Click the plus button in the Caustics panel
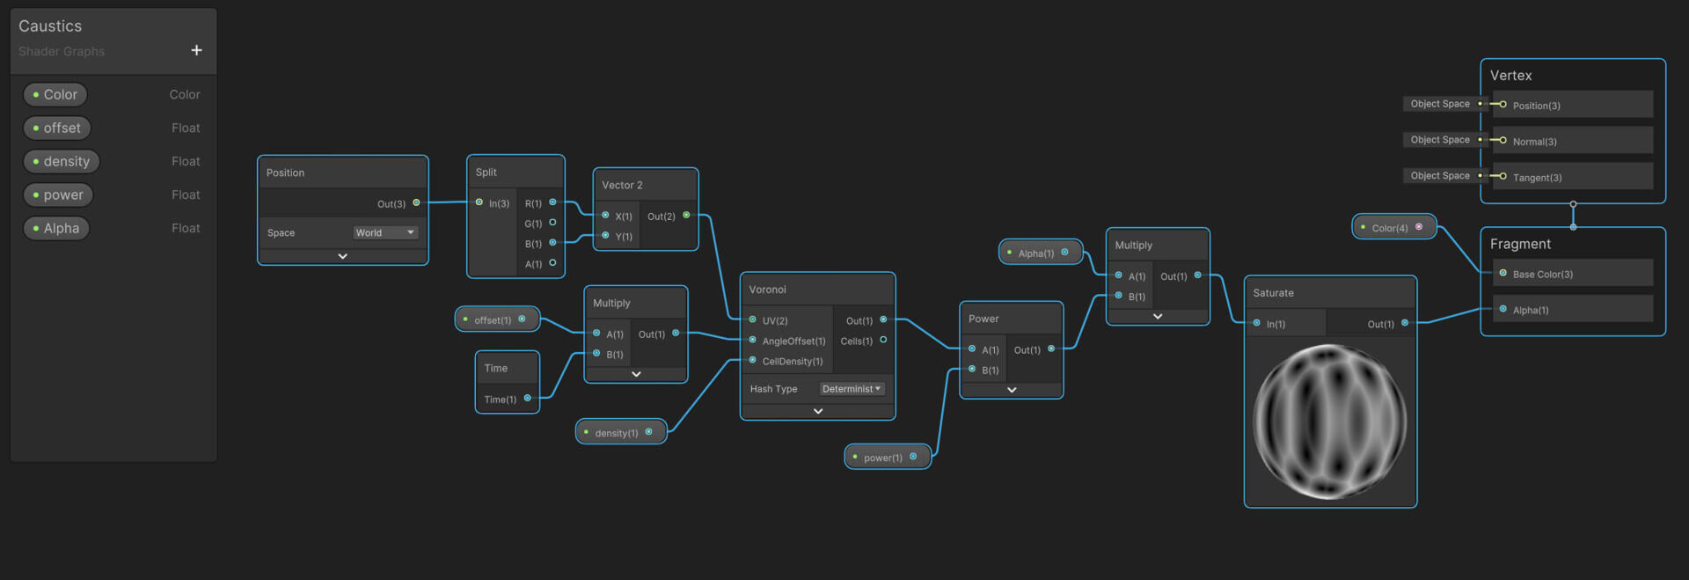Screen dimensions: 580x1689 (x=196, y=50)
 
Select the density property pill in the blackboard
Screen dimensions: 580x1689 (x=62, y=161)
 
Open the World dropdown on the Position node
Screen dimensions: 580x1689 (x=385, y=232)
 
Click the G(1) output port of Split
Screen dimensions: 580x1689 (x=552, y=223)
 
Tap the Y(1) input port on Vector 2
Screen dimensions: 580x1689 (x=605, y=236)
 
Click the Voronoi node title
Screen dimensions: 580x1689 (x=767, y=290)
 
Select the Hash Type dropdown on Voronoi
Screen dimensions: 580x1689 (x=852, y=388)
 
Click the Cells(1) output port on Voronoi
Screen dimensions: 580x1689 (x=883, y=340)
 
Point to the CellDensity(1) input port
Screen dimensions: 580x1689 (x=753, y=360)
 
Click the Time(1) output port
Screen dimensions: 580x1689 (x=528, y=399)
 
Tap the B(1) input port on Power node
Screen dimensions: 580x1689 (x=972, y=370)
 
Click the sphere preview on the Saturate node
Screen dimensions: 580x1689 (x=1329, y=422)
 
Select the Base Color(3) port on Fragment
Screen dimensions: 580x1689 (x=1503, y=274)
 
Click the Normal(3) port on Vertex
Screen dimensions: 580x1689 (x=1503, y=141)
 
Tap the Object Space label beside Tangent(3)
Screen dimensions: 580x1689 (x=1440, y=176)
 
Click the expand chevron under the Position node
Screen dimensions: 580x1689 (x=343, y=256)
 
